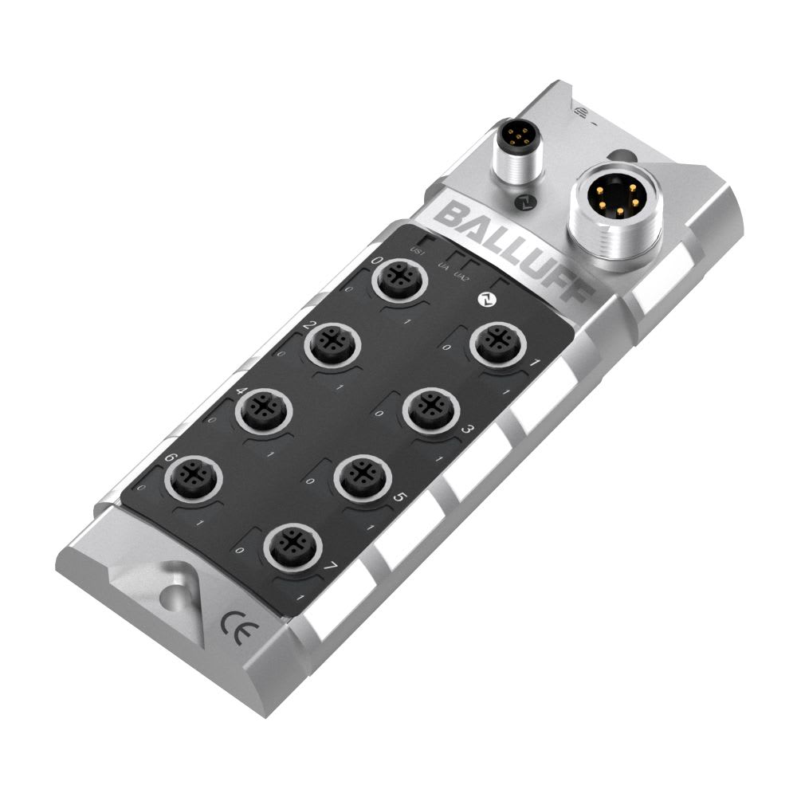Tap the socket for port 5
(361, 479)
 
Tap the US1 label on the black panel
(415, 253)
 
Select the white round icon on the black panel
(484, 300)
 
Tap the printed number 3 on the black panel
(469, 431)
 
